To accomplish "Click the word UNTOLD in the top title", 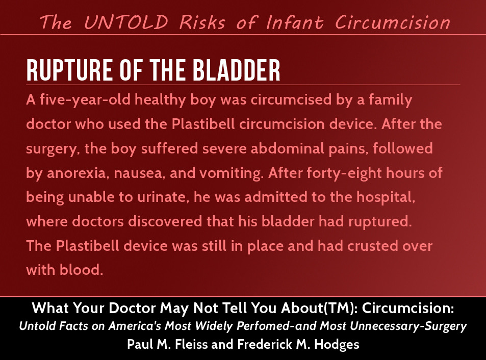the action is (x=126, y=22).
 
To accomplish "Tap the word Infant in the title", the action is (x=294, y=22).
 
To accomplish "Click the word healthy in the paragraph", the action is (x=160, y=100).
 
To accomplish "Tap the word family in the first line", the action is (x=391, y=100).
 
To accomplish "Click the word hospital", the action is (x=386, y=197).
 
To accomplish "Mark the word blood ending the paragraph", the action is (x=81, y=270).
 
